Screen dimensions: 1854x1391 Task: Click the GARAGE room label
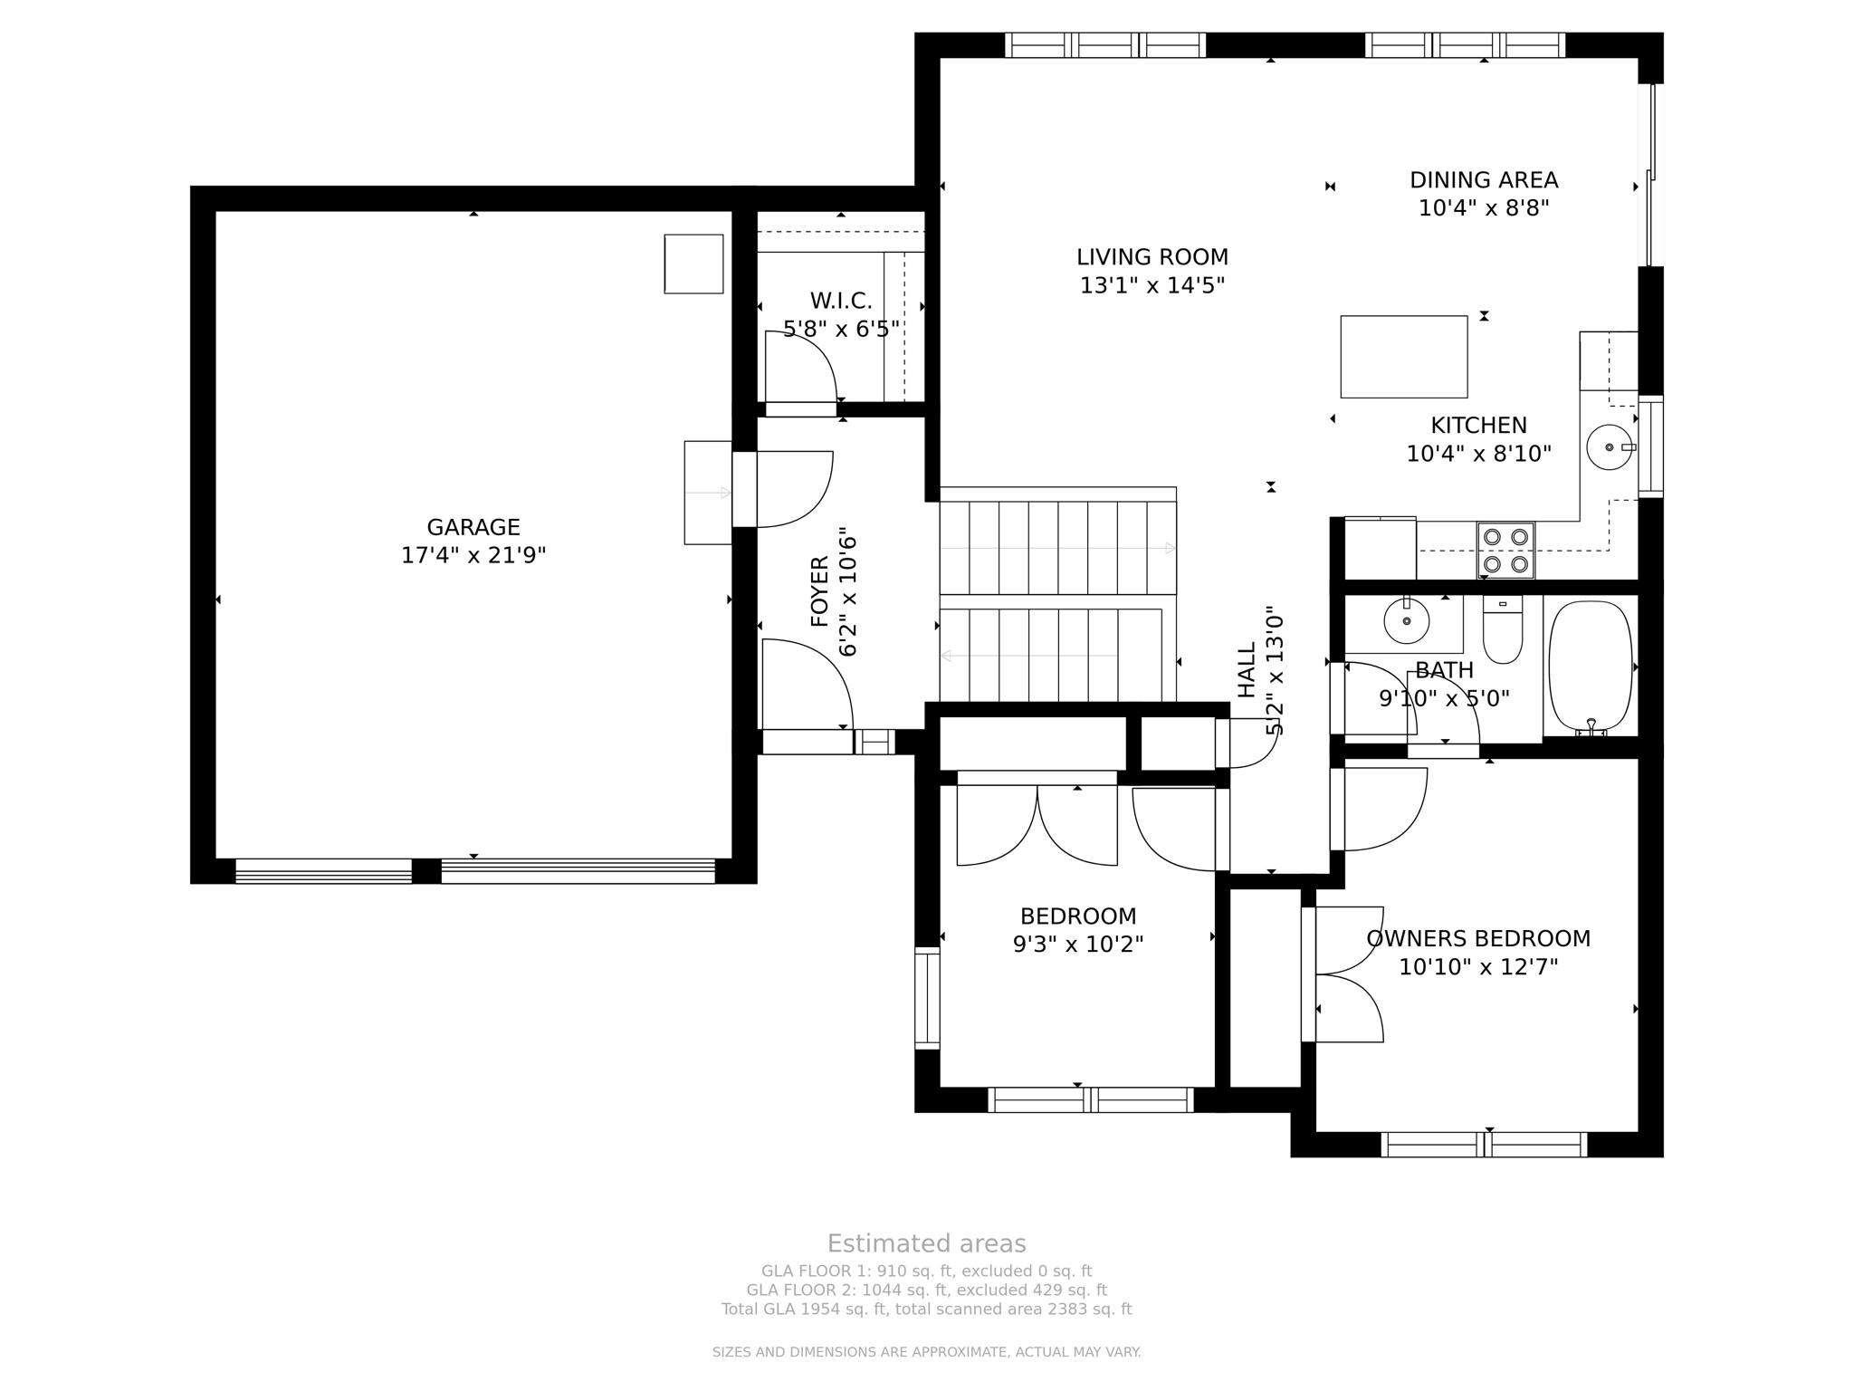pos(473,527)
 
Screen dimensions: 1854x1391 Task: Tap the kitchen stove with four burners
pos(1505,551)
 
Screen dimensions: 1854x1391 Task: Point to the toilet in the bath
pos(1503,628)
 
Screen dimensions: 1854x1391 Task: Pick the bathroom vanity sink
pos(1407,621)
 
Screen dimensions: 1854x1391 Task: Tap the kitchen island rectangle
pos(1404,357)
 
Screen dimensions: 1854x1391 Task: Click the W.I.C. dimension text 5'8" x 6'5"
pos(841,329)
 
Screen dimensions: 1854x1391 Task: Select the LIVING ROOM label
pos(1152,257)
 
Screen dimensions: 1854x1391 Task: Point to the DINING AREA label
pos(1484,180)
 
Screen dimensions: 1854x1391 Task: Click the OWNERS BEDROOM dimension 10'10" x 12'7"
pos(1478,967)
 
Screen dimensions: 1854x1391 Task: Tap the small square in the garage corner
pos(693,264)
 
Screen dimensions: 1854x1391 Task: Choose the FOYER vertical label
pos(819,591)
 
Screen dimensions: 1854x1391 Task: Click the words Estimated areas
pos(927,1243)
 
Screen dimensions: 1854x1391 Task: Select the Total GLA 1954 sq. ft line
pos(927,1309)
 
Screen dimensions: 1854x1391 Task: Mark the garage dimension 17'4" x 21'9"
pos(473,555)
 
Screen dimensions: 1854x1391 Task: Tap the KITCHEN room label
pos(1479,425)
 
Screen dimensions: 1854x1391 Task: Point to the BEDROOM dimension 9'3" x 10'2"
pos(1078,945)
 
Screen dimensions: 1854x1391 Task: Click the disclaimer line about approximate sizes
pos(927,1352)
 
